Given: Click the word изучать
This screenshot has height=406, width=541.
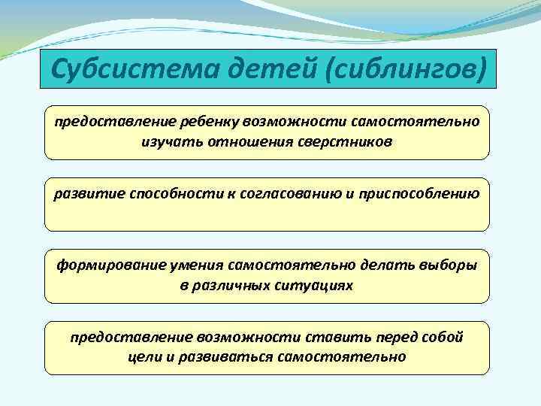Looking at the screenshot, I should click(x=165, y=141).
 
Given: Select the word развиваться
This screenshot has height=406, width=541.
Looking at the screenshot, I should click(x=228, y=357).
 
